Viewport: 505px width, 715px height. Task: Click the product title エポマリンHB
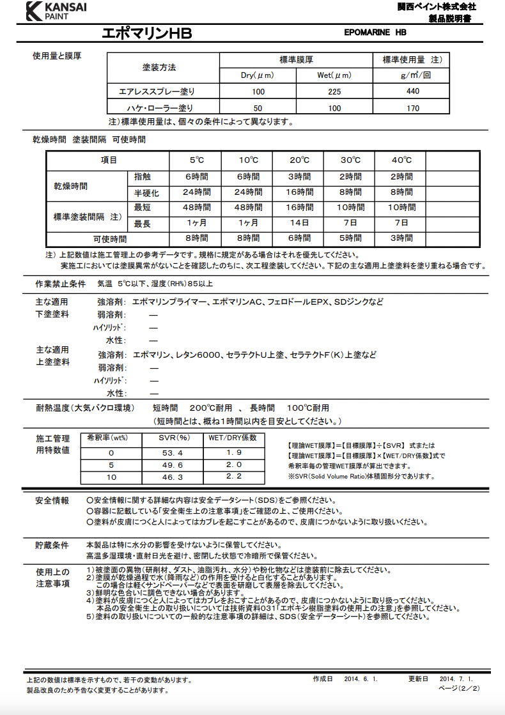coord(146,33)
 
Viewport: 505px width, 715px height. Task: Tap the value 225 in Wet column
coord(334,91)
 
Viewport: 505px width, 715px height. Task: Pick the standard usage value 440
coord(413,91)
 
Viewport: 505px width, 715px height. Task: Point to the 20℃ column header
coord(299,160)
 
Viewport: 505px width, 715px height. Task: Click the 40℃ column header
coord(401,160)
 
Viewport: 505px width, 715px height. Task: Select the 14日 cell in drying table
coord(299,223)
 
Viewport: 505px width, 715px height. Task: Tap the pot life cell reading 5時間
coord(350,238)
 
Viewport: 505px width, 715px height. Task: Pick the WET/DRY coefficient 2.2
coord(233,477)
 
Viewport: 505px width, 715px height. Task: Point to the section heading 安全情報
coord(52,500)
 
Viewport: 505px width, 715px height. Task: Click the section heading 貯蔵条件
coord(52,545)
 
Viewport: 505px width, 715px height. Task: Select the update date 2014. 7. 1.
coord(456,679)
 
